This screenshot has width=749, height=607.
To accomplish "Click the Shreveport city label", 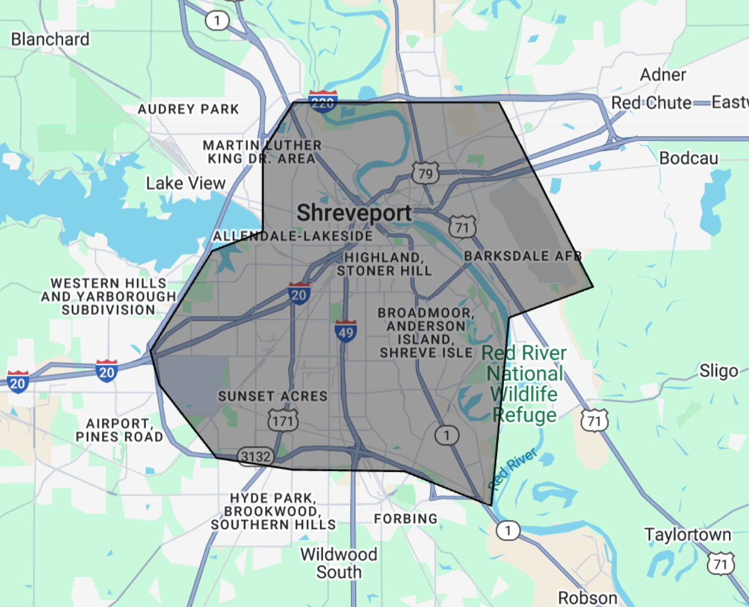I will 354,213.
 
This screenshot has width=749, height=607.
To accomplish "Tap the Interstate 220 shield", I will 323,102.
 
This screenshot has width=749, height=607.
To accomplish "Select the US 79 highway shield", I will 425,174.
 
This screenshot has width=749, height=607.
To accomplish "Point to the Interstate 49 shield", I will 346,332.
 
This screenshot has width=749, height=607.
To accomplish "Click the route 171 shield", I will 283,421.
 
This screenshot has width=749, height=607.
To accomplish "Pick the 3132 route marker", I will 255,456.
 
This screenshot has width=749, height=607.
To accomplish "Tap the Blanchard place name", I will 50,40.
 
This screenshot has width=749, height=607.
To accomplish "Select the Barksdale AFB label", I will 523,256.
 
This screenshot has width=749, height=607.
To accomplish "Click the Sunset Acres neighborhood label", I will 272,396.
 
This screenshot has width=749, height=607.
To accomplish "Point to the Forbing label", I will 406,519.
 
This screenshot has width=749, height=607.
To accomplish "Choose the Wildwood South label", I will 338,563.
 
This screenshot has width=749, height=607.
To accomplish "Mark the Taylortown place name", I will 688,535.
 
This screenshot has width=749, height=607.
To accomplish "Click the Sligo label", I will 718,371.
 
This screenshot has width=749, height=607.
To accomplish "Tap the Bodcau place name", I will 688,158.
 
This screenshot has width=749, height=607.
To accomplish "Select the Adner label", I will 663,75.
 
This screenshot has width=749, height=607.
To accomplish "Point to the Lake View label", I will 185,184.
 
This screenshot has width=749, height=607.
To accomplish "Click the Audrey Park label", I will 188,109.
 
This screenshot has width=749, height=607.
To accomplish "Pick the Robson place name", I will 588,598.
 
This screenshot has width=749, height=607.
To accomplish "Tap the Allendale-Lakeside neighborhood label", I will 293,236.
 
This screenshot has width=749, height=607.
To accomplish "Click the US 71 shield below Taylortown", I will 721,564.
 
